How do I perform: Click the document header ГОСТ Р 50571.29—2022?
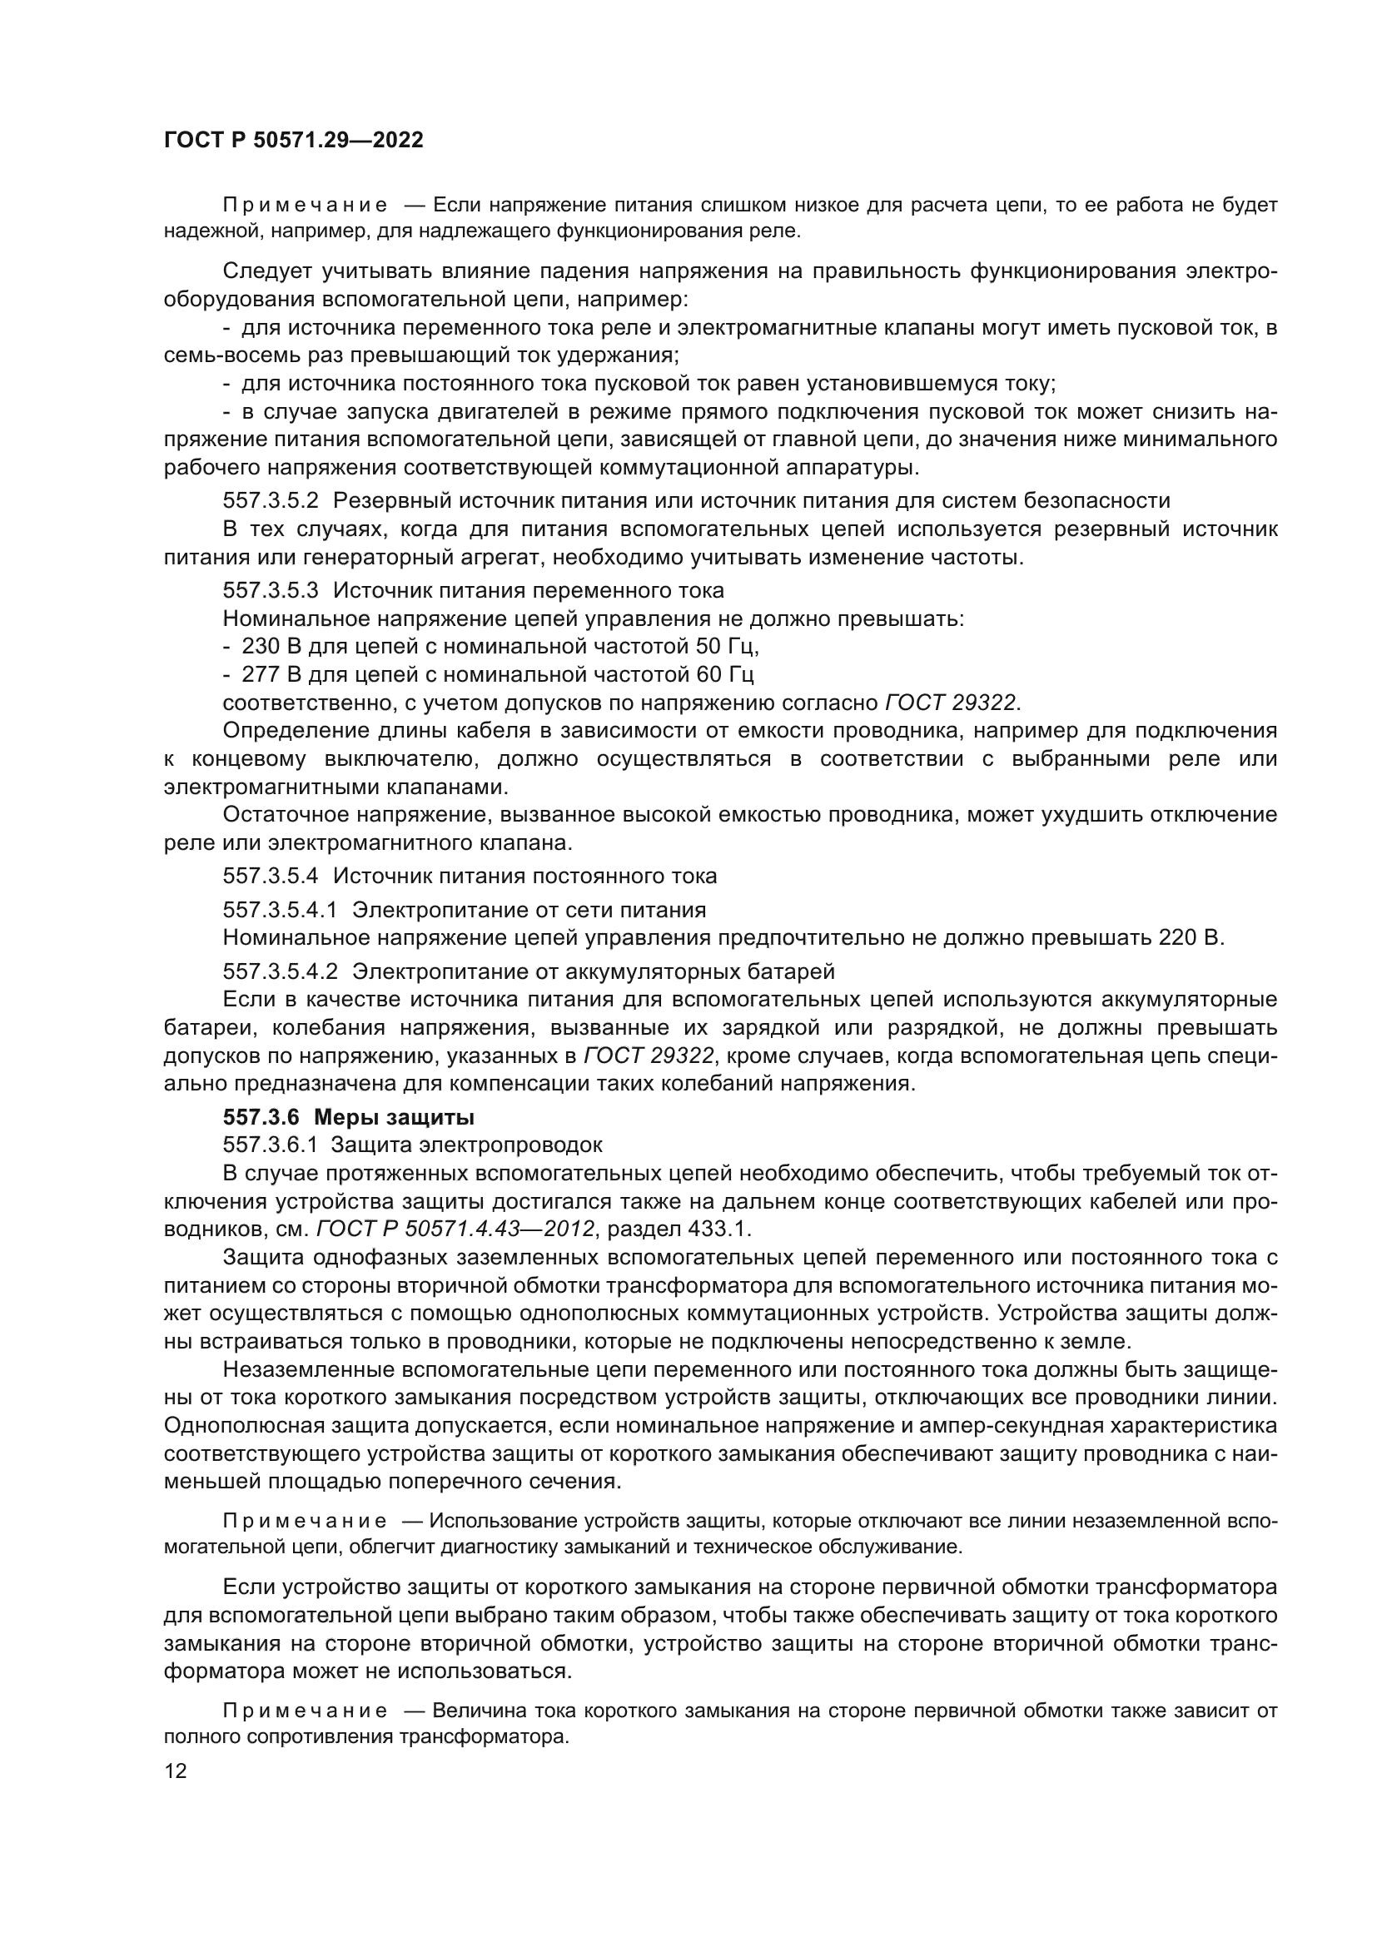pyautogui.click(x=293, y=141)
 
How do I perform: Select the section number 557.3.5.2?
pyautogui.click(x=271, y=500)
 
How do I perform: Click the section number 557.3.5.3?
pyautogui.click(x=271, y=590)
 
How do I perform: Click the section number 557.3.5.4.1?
pyautogui.click(x=280, y=910)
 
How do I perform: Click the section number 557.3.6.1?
pyautogui.click(x=271, y=1145)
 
